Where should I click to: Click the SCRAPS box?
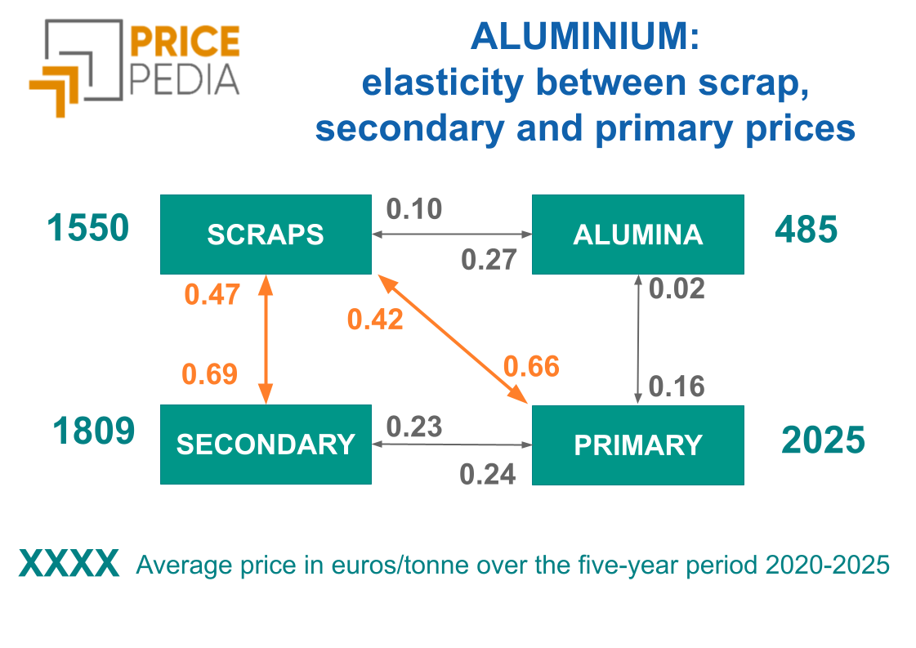click(x=266, y=235)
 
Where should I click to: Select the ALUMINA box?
click(x=637, y=235)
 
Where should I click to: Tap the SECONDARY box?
click(x=266, y=445)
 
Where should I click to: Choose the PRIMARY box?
click(x=637, y=445)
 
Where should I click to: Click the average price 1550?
click(x=88, y=228)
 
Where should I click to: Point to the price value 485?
click(x=806, y=230)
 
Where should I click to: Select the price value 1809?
click(x=93, y=431)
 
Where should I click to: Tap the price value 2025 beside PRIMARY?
click(x=823, y=440)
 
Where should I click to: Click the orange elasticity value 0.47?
click(x=212, y=294)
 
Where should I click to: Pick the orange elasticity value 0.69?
click(x=210, y=374)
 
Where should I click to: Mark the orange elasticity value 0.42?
click(x=375, y=320)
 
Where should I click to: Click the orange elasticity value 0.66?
click(x=531, y=367)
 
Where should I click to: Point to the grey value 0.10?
click(x=414, y=209)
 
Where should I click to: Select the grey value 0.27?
click(x=489, y=260)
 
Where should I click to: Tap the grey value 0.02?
click(x=677, y=288)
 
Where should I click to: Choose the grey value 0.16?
click(x=677, y=386)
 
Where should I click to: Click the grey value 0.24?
click(x=488, y=474)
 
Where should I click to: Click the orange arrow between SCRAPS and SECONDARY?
click(x=265, y=339)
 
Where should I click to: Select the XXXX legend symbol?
click(x=69, y=565)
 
